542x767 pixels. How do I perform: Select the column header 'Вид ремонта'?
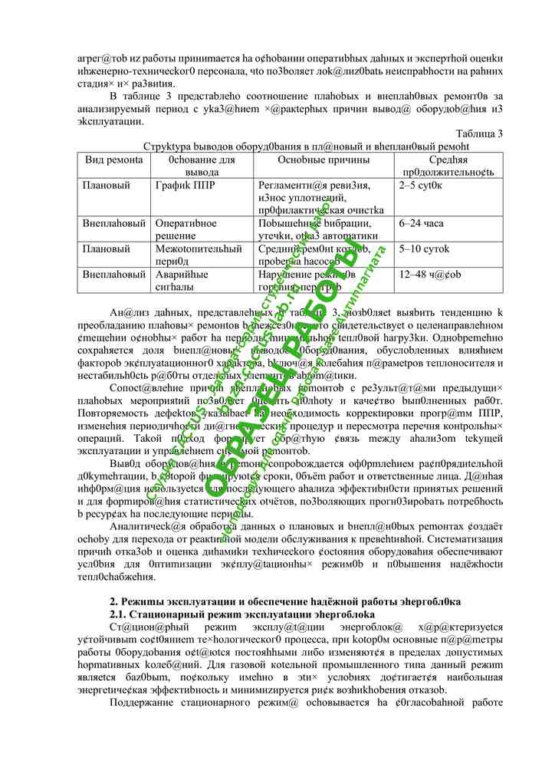114,160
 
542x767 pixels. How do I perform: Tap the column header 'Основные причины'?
323,160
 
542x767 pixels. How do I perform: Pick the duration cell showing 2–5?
421,186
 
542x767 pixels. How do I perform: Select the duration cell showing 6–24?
422,223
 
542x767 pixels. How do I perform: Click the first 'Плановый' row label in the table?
107,186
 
